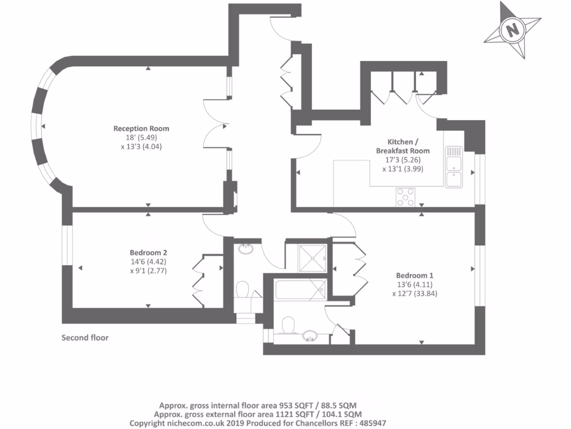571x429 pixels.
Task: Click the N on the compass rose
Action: [512, 29]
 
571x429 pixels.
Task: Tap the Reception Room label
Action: [141, 128]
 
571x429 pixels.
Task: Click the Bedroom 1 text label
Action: [414, 275]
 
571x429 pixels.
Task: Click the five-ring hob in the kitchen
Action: [405, 197]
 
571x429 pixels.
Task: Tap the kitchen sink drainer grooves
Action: [453, 151]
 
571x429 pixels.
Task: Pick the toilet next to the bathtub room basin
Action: [288, 325]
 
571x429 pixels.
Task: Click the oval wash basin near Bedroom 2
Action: [245, 249]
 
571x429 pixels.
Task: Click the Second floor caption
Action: [85, 337]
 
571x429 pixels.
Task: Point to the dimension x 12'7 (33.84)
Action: [414, 293]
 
